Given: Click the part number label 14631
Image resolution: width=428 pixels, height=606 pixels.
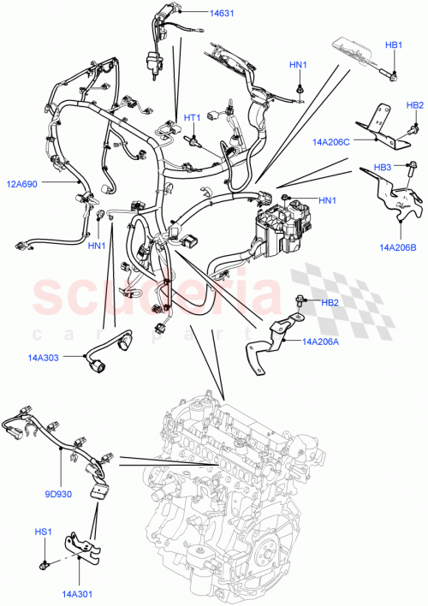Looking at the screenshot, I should [223, 14].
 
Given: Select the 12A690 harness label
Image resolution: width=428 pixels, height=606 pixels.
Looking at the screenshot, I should [26, 182].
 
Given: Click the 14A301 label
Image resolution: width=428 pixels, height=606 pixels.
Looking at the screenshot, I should [75, 590].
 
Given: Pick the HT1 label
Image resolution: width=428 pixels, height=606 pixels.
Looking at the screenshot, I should [192, 117].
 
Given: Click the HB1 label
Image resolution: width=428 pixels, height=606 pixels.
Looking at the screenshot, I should [393, 45].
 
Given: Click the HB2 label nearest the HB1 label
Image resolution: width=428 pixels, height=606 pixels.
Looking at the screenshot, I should [415, 105].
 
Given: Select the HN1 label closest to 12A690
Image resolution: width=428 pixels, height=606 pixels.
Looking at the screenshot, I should [97, 246].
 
